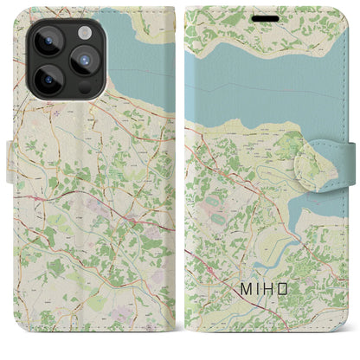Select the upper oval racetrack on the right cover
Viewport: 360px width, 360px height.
[214, 201]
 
